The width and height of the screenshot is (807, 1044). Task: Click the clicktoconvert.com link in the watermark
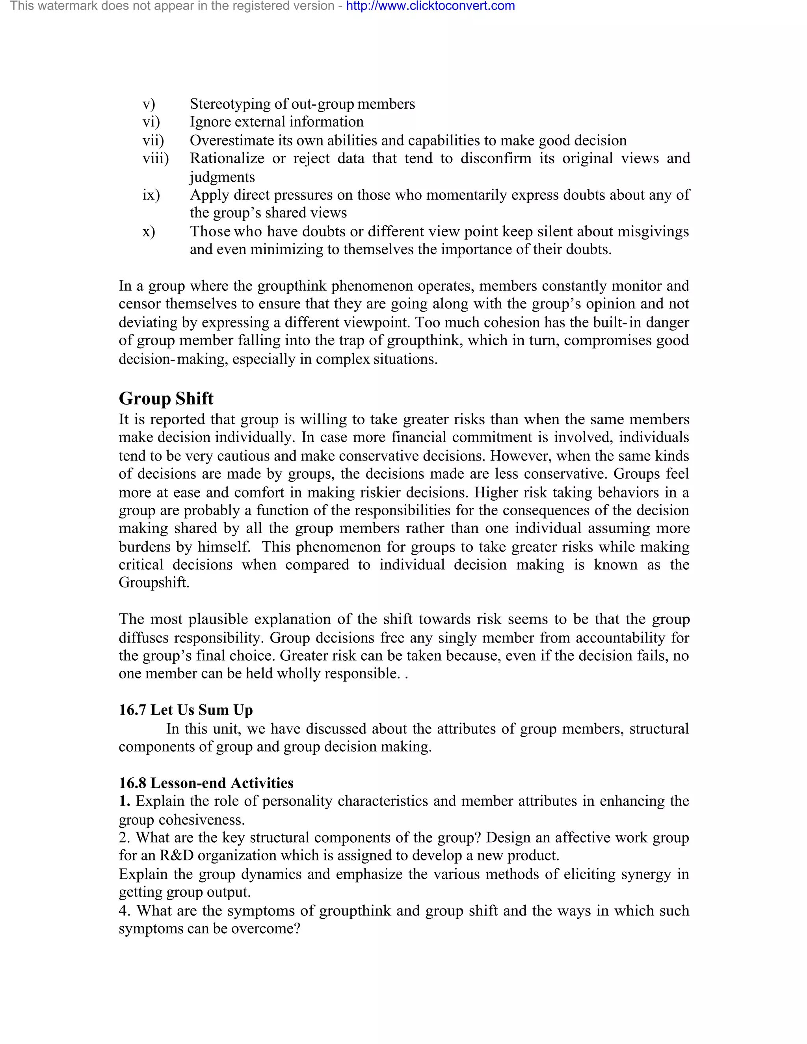430,6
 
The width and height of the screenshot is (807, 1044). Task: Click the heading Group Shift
166,398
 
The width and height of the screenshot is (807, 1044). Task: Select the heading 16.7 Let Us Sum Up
186,710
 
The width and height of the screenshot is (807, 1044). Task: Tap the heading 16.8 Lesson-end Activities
206,783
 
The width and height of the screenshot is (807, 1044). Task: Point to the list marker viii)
155,158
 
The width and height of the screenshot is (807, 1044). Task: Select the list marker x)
149,231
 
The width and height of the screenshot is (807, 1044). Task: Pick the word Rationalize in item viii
227,158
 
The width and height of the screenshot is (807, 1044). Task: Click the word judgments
222,177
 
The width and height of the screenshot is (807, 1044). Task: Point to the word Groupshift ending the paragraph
154,583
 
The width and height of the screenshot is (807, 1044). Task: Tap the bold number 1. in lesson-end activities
124,801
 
